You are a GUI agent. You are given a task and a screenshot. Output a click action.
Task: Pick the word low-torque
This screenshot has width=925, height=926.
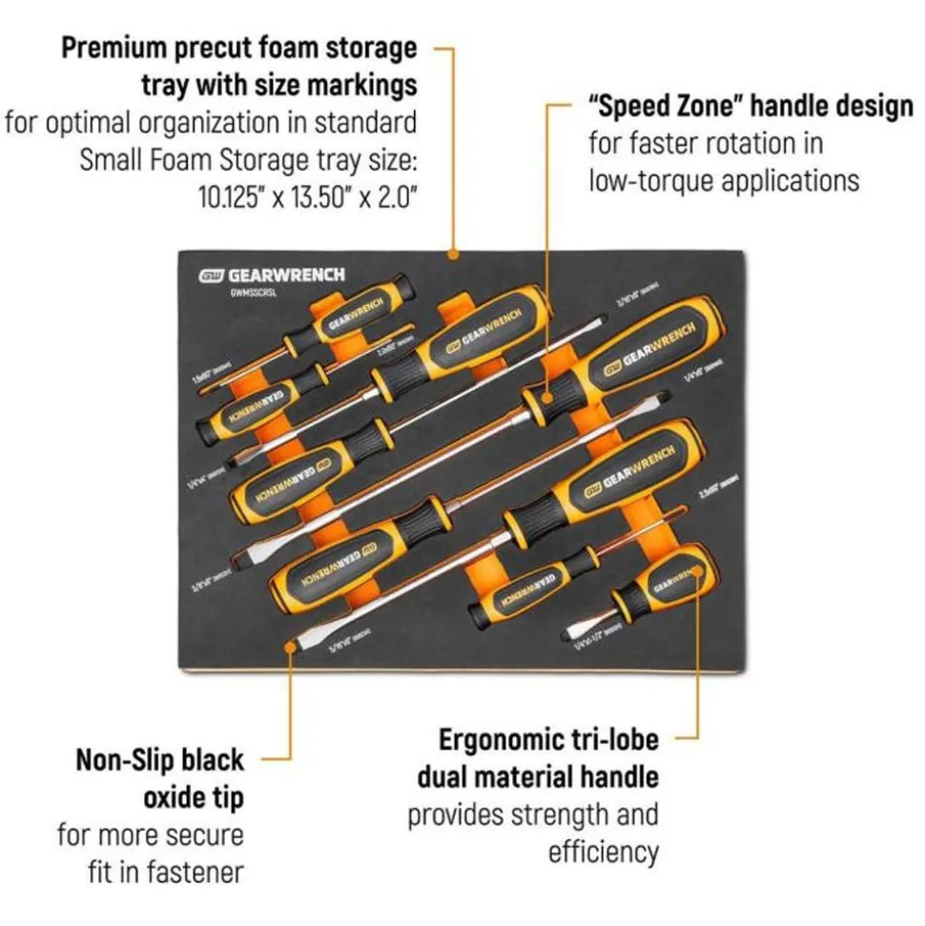click(649, 179)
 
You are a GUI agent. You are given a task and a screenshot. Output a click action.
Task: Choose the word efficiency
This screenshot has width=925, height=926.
click(603, 852)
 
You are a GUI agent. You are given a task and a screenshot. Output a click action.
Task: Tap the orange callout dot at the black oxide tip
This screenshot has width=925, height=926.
click(291, 646)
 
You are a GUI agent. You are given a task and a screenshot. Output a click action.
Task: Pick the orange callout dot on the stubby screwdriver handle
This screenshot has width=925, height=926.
click(698, 573)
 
